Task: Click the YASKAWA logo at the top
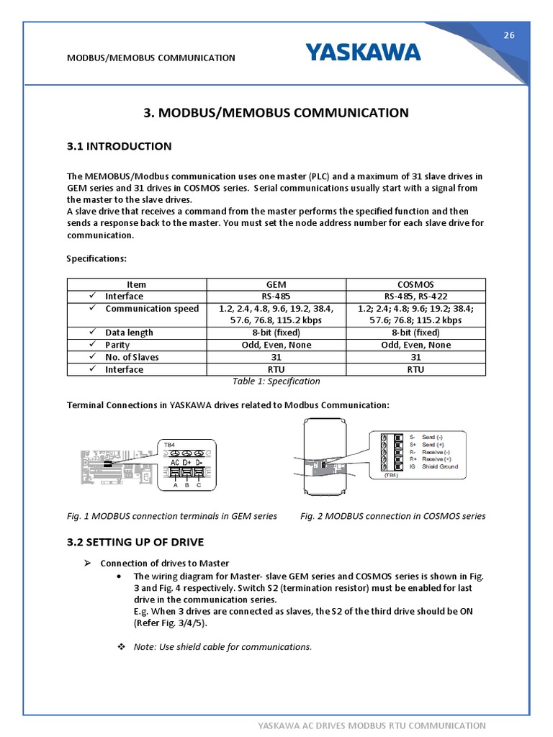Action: pos(362,53)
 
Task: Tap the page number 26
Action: pos(508,37)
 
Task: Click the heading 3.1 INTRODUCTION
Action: pos(119,146)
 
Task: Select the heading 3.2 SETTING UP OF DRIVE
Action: pos(135,542)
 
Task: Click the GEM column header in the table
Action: pos(276,284)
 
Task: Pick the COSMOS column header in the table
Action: pos(415,284)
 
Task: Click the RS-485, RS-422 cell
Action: pos(415,296)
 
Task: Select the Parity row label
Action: pos(117,345)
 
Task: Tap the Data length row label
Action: pos(129,333)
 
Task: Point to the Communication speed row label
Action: pos(151,309)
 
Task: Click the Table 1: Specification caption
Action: pos(276,381)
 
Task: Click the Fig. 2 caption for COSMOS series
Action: pos(392,516)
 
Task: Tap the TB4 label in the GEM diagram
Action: pos(169,445)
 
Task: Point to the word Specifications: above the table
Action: pos(97,258)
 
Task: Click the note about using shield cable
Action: pos(222,646)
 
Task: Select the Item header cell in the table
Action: pos(136,284)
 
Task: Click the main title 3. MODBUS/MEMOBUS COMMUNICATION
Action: pos(276,112)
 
